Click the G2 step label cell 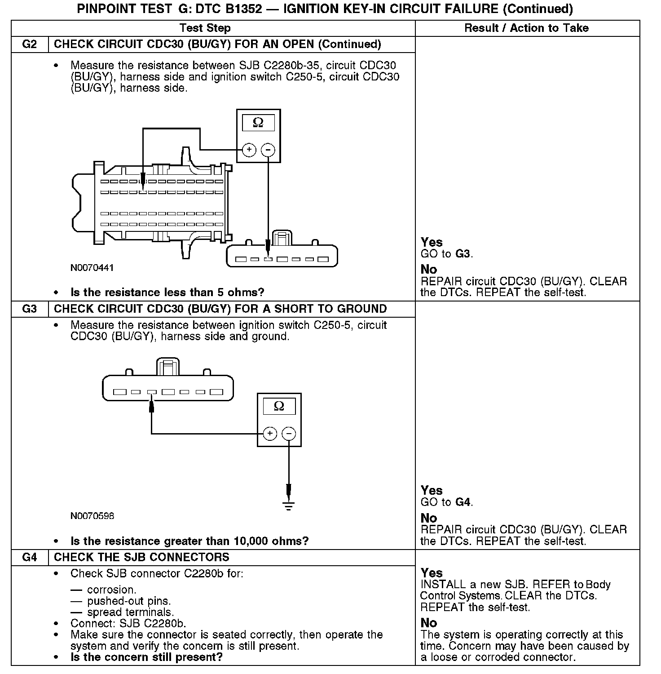29,44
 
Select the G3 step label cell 29,309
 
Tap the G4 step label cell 29,558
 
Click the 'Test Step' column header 205,28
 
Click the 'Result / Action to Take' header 526,28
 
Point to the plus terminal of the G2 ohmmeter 249,150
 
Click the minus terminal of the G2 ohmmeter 268,150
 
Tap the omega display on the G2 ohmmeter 258,123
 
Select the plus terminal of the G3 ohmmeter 269,434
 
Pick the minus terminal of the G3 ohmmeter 289,434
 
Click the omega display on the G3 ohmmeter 279,407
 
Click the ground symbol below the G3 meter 289,505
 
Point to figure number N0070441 92,268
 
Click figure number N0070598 92,516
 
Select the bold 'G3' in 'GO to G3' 463,254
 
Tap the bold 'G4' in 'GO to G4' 463,502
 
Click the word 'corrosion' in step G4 111,590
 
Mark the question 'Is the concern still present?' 146,657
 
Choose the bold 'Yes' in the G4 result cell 432,573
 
